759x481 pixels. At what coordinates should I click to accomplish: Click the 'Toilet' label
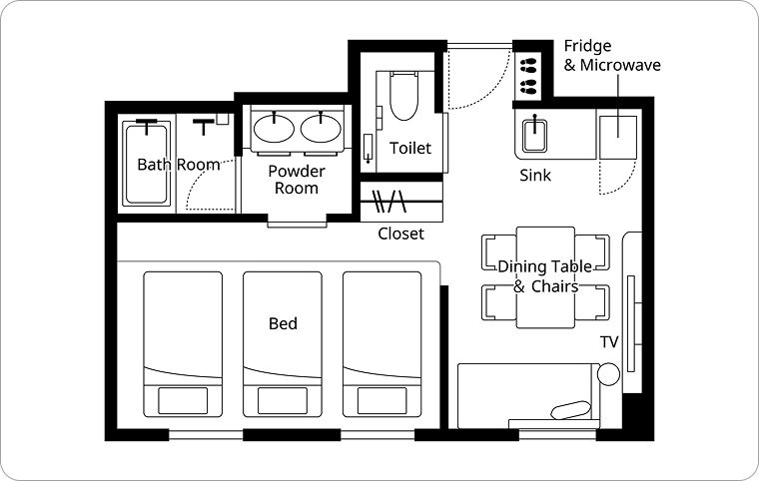410,148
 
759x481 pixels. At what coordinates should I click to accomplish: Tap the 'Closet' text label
400,234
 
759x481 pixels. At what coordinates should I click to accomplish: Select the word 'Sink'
535,176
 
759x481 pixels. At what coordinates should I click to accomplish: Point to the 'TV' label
609,342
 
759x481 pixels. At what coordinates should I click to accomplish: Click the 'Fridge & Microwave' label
612,55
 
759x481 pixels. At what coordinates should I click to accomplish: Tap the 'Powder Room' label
297,180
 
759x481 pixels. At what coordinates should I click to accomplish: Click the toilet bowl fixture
403,96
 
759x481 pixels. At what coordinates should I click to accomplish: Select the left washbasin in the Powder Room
274,129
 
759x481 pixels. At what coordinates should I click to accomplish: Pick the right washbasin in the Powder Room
321,129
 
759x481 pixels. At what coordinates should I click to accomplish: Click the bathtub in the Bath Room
147,164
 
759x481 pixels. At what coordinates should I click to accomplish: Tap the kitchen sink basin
534,136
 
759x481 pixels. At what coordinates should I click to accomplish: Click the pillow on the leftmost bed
183,401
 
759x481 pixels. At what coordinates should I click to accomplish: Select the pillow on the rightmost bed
381,401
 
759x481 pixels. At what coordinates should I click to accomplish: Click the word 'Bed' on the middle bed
283,323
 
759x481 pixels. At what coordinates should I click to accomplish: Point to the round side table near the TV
608,374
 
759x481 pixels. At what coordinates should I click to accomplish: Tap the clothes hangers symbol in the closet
389,202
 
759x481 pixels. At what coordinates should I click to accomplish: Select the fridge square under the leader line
618,138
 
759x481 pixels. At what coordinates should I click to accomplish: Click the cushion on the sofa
570,410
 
